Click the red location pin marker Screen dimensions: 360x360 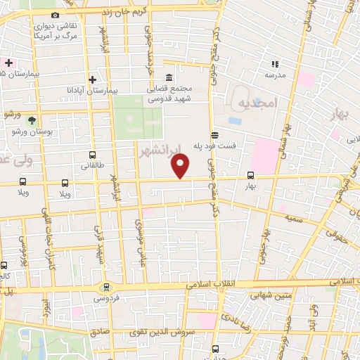point(181,166)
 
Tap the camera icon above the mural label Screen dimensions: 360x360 point(56,15)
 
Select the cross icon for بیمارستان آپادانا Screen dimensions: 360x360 point(92,79)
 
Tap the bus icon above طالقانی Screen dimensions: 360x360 point(92,155)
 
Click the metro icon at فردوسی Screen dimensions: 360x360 point(106,287)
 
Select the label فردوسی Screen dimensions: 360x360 point(107,298)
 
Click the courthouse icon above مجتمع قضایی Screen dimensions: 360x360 point(169,77)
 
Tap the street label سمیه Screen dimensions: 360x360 point(294,219)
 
